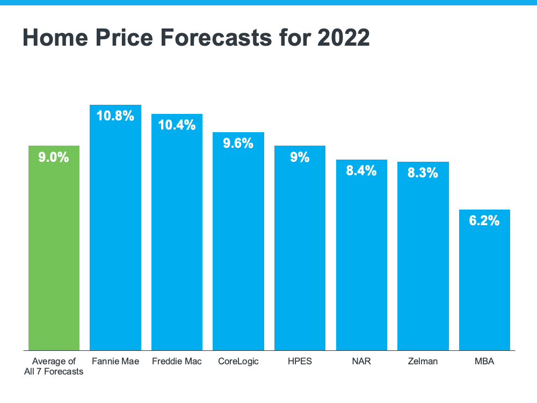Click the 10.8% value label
[x=115, y=116]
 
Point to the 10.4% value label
[x=177, y=125]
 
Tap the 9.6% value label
[x=238, y=143]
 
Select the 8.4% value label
[x=361, y=171]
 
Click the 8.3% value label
[x=423, y=173]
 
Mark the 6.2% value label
[x=484, y=220]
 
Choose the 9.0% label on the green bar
[x=54, y=157]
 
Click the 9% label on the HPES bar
[x=300, y=157]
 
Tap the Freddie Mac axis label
[x=177, y=361]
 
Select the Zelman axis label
[x=423, y=361]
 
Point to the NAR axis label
[x=361, y=361]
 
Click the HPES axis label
[x=300, y=361]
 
